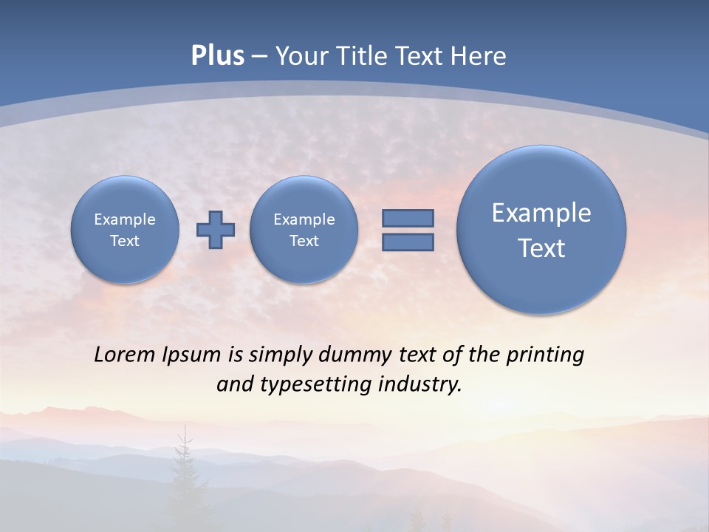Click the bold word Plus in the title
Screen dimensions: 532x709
click(x=217, y=56)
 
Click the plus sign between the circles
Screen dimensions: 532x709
click(x=216, y=230)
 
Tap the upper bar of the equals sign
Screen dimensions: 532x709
click(x=408, y=218)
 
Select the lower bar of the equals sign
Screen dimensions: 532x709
click(x=408, y=242)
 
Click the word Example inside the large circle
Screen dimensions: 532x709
click(x=541, y=213)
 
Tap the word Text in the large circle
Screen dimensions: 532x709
click(x=541, y=248)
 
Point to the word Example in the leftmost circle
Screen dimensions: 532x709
click(x=125, y=219)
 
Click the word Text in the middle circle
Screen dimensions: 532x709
click(x=304, y=241)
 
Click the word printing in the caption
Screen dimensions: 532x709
click(x=545, y=355)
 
